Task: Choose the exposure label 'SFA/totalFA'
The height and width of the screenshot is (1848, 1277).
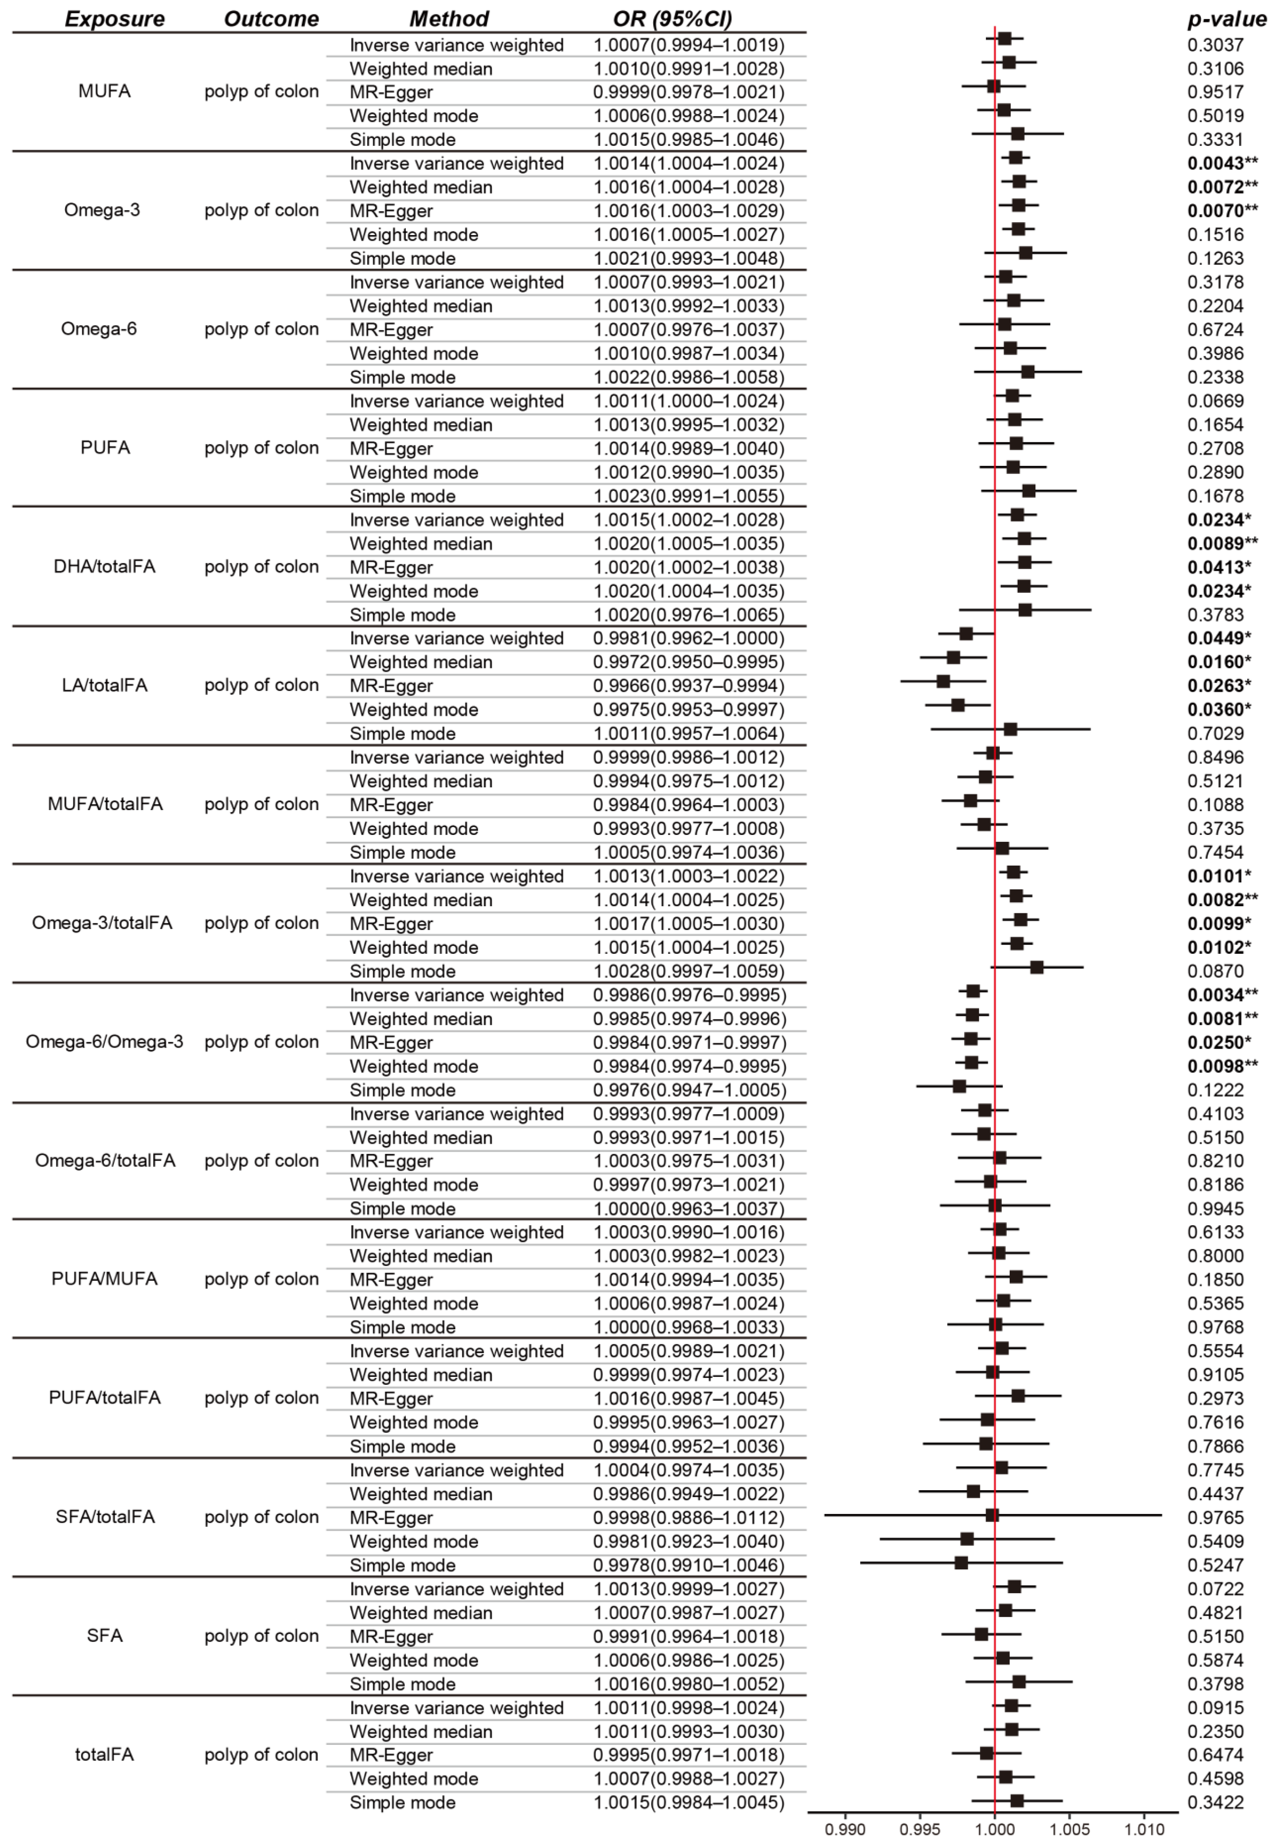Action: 105,1517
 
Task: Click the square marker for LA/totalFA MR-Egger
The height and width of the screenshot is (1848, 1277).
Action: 943,681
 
